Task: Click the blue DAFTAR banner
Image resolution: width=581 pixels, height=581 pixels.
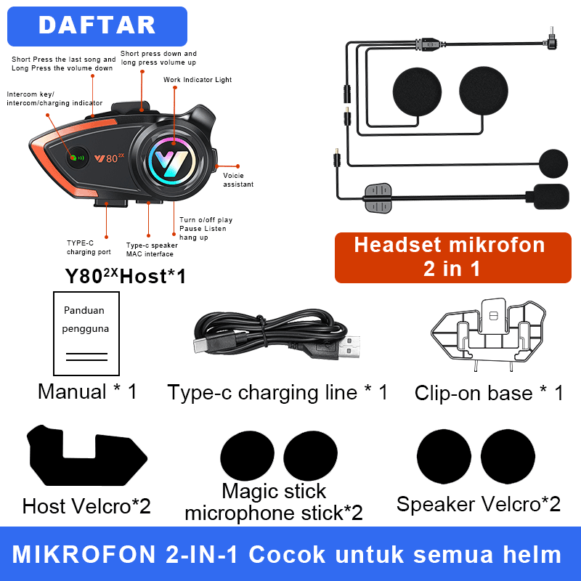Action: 97,26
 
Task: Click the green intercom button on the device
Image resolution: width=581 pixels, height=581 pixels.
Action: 74,156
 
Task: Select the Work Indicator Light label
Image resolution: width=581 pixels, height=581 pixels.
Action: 198,80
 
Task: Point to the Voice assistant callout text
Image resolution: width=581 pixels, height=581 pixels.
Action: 238,180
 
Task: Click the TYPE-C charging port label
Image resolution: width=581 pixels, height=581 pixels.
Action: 89,248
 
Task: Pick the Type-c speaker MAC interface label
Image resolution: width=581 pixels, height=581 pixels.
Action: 151,250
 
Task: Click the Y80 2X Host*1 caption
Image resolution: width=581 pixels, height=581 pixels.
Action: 126,276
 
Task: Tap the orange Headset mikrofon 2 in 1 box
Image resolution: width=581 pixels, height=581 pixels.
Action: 452,257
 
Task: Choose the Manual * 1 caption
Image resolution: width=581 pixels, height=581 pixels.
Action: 87,392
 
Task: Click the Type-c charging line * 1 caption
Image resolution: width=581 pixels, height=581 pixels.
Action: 277,393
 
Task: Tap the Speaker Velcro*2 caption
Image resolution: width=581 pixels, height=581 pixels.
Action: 478,504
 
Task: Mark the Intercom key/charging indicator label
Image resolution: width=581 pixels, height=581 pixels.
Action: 54,99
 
